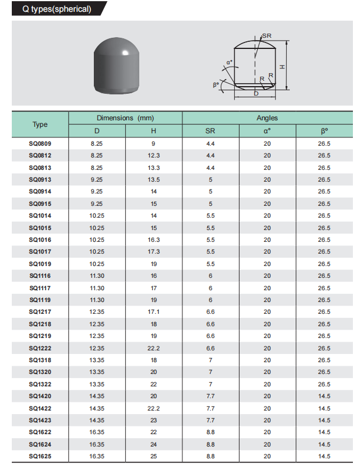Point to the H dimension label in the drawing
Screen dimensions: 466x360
(283, 66)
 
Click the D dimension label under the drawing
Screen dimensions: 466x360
(256, 93)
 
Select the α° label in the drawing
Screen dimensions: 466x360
(229, 62)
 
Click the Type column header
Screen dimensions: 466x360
(40, 124)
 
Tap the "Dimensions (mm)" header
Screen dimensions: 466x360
(125, 118)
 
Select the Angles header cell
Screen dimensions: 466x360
(267, 118)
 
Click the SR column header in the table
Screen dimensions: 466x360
(210, 131)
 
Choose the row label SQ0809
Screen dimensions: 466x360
(40, 143)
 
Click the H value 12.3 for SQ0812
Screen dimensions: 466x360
(153, 156)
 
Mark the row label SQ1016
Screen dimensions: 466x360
(40, 240)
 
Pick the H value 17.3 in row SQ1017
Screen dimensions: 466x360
(153, 252)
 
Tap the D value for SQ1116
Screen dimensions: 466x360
(97, 276)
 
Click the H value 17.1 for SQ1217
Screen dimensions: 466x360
(153, 312)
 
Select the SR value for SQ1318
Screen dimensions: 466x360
(210, 360)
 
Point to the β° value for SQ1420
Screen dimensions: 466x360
(324, 396)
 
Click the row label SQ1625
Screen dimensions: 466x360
(40, 457)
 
